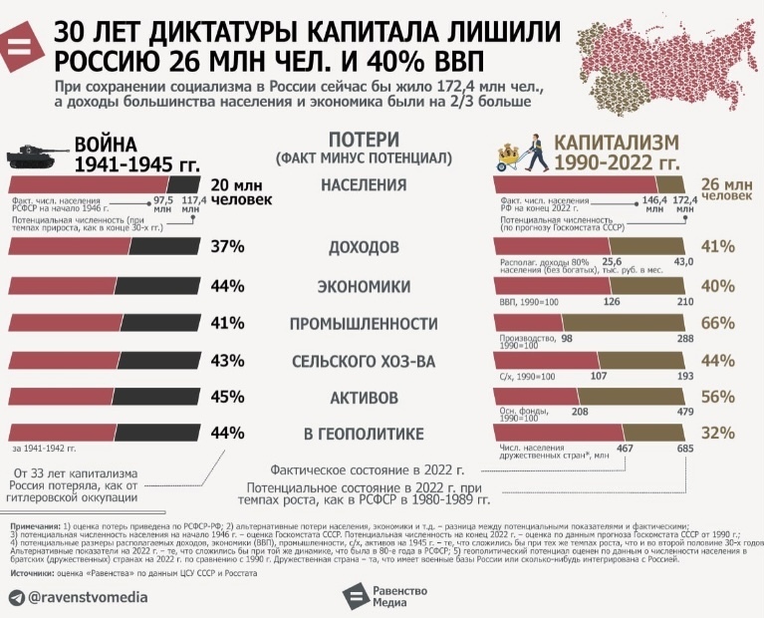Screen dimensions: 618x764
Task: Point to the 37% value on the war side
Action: (x=228, y=247)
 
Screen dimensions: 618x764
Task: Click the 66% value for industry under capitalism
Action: (x=717, y=322)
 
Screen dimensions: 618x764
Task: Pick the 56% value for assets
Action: (x=717, y=396)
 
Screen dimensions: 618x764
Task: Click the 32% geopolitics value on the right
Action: (x=717, y=433)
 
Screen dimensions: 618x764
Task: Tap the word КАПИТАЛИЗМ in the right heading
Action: (x=618, y=143)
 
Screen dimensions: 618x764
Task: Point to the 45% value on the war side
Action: (x=228, y=397)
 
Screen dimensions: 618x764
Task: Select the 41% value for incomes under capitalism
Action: (x=717, y=245)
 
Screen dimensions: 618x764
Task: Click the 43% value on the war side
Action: (x=228, y=360)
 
